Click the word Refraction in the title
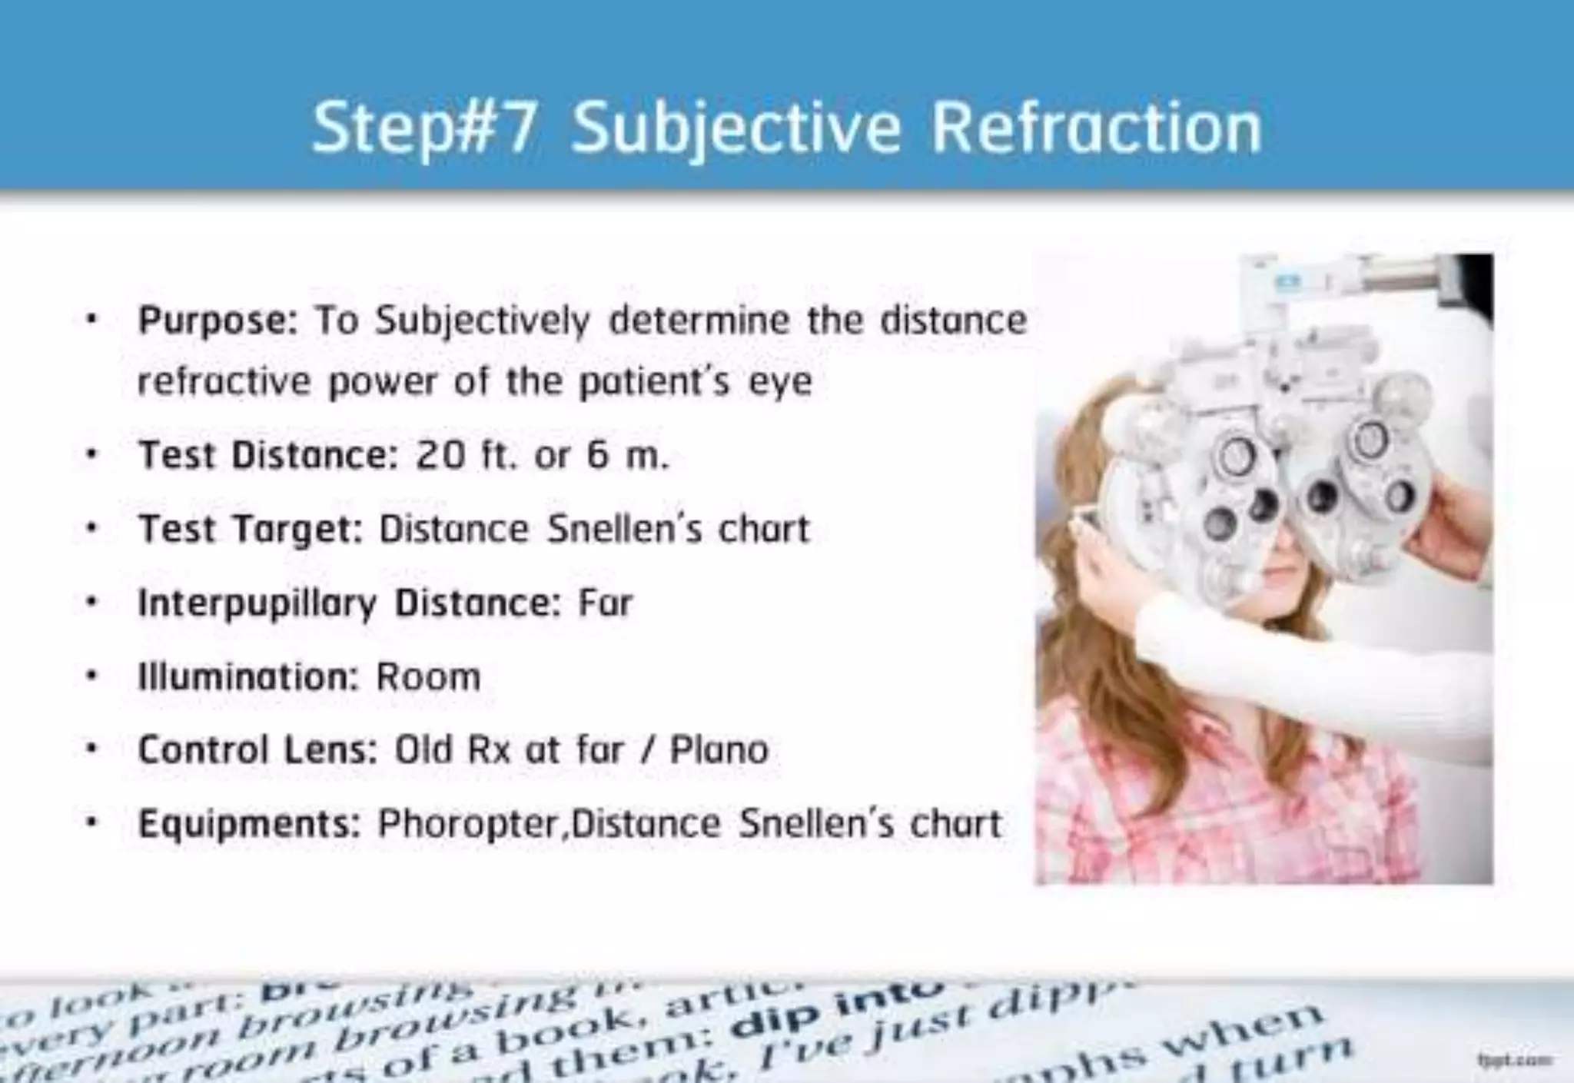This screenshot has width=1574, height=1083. click(1097, 128)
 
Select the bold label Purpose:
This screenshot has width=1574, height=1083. click(218, 321)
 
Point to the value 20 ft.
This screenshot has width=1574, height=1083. click(465, 455)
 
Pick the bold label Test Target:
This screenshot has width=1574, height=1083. click(250, 529)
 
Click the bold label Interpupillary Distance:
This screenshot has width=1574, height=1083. click(349, 603)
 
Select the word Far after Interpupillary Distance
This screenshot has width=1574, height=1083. click(606, 603)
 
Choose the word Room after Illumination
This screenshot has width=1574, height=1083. click(428, 677)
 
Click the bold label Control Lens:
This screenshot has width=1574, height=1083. click(257, 749)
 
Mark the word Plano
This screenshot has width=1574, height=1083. click(719, 749)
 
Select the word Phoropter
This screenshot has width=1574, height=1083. click(470, 824)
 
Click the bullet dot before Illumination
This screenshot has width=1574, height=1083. click(92, 677)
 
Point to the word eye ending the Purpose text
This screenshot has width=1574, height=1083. click(781, 382)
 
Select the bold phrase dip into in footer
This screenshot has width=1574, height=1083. click(836, 1008)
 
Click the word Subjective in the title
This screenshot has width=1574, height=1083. click(736, 128)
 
